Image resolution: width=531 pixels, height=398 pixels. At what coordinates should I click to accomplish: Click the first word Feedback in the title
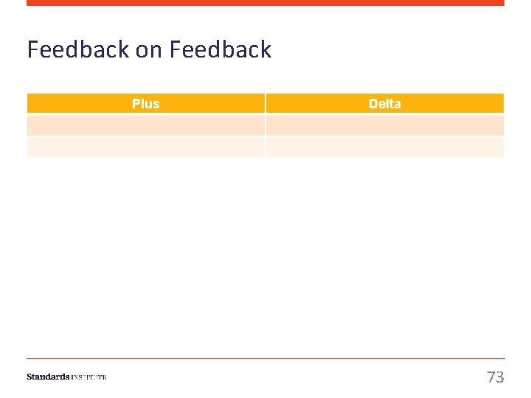(x=78, y=49)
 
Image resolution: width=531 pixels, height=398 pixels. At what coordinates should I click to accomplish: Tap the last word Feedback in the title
(x=220, y=49)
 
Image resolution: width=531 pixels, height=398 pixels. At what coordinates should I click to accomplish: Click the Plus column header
(x=145, y=103)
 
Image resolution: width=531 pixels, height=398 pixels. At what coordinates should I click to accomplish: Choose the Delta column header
(x=384, y=103)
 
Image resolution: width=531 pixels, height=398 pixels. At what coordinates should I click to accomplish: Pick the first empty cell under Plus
(x=145, y=125)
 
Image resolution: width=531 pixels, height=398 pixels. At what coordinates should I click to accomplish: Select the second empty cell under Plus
(x=145, y=147)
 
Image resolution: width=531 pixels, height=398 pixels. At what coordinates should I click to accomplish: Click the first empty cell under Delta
(x=384, y=125)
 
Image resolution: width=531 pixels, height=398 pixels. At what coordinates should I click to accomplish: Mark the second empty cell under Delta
(x=384, y=147)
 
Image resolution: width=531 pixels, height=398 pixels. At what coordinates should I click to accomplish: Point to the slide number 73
(x=496, y=377)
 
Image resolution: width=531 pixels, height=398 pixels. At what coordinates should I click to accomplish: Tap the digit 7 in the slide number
(x=491, y=377)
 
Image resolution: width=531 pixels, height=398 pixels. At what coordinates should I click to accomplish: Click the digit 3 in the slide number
(x=500, y=377)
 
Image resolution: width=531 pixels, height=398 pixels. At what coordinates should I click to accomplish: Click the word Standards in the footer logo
(x=48, y=377)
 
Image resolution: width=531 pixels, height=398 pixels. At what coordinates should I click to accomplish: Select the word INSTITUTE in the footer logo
(x=89, y=377)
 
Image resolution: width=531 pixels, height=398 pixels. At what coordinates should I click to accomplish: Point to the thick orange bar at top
(x=265, y=3)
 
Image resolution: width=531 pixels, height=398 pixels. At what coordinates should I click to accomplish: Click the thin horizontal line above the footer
(x=265, y=359)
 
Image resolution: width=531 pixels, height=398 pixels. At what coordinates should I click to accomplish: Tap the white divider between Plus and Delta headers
(x=265, y=103)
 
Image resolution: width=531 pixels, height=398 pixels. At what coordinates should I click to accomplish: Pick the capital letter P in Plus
(x=136, y=103)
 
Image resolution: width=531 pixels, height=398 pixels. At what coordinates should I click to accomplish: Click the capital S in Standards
(x=29, y=377)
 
